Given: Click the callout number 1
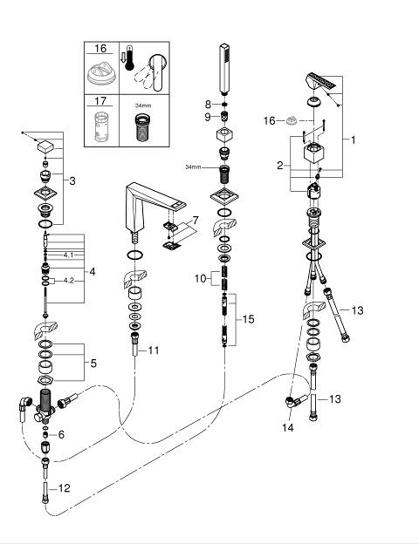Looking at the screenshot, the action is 353,139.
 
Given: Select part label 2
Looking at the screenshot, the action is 280,166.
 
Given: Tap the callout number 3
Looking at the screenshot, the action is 72,180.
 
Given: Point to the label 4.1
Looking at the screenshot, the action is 68,255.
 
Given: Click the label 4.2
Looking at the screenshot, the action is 69,281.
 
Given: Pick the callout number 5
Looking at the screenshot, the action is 93,364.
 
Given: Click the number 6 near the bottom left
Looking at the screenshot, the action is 61,434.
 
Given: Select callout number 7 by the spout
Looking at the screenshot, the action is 196,220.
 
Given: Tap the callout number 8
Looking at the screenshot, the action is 208,104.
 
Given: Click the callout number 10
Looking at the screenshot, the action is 201,278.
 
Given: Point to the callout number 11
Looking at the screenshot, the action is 154,350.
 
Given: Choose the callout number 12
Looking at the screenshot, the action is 65,488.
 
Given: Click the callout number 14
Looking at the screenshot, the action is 288,428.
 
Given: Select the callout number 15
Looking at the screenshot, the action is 249,319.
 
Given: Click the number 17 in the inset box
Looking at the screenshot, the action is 100,101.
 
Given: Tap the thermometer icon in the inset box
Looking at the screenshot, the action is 129,58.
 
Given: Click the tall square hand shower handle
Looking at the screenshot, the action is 225,69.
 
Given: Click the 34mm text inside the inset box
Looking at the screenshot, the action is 143,105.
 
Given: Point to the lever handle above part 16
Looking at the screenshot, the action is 321,84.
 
